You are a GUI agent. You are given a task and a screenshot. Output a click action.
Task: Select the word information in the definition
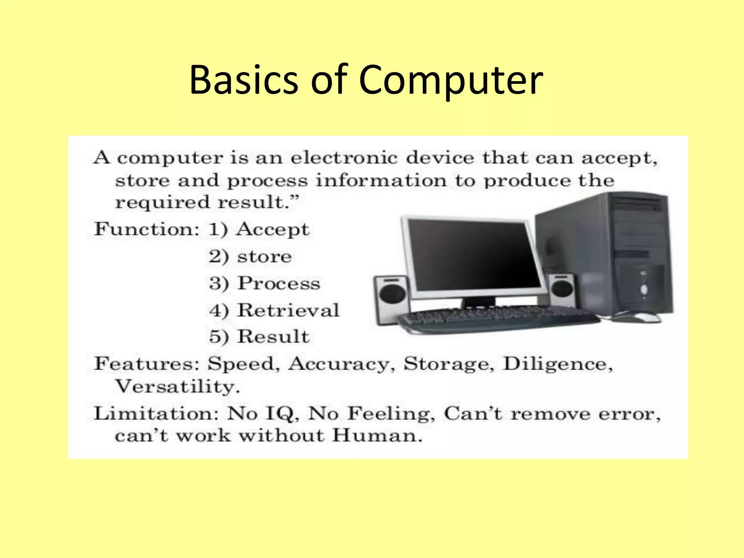click(381, 181)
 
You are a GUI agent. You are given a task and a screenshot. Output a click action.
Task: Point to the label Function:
click(147, 229)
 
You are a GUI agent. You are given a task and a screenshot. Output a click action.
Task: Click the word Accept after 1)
click(273, 229)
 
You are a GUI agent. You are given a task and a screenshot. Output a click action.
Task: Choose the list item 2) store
click(250, 256)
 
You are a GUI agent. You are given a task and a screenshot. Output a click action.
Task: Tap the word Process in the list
click(279, 283)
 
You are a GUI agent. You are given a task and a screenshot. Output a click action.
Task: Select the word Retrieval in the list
click(288, 310)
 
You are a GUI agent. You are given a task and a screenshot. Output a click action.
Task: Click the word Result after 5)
click(274, 336)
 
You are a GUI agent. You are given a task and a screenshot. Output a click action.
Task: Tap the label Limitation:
click(156, 413)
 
